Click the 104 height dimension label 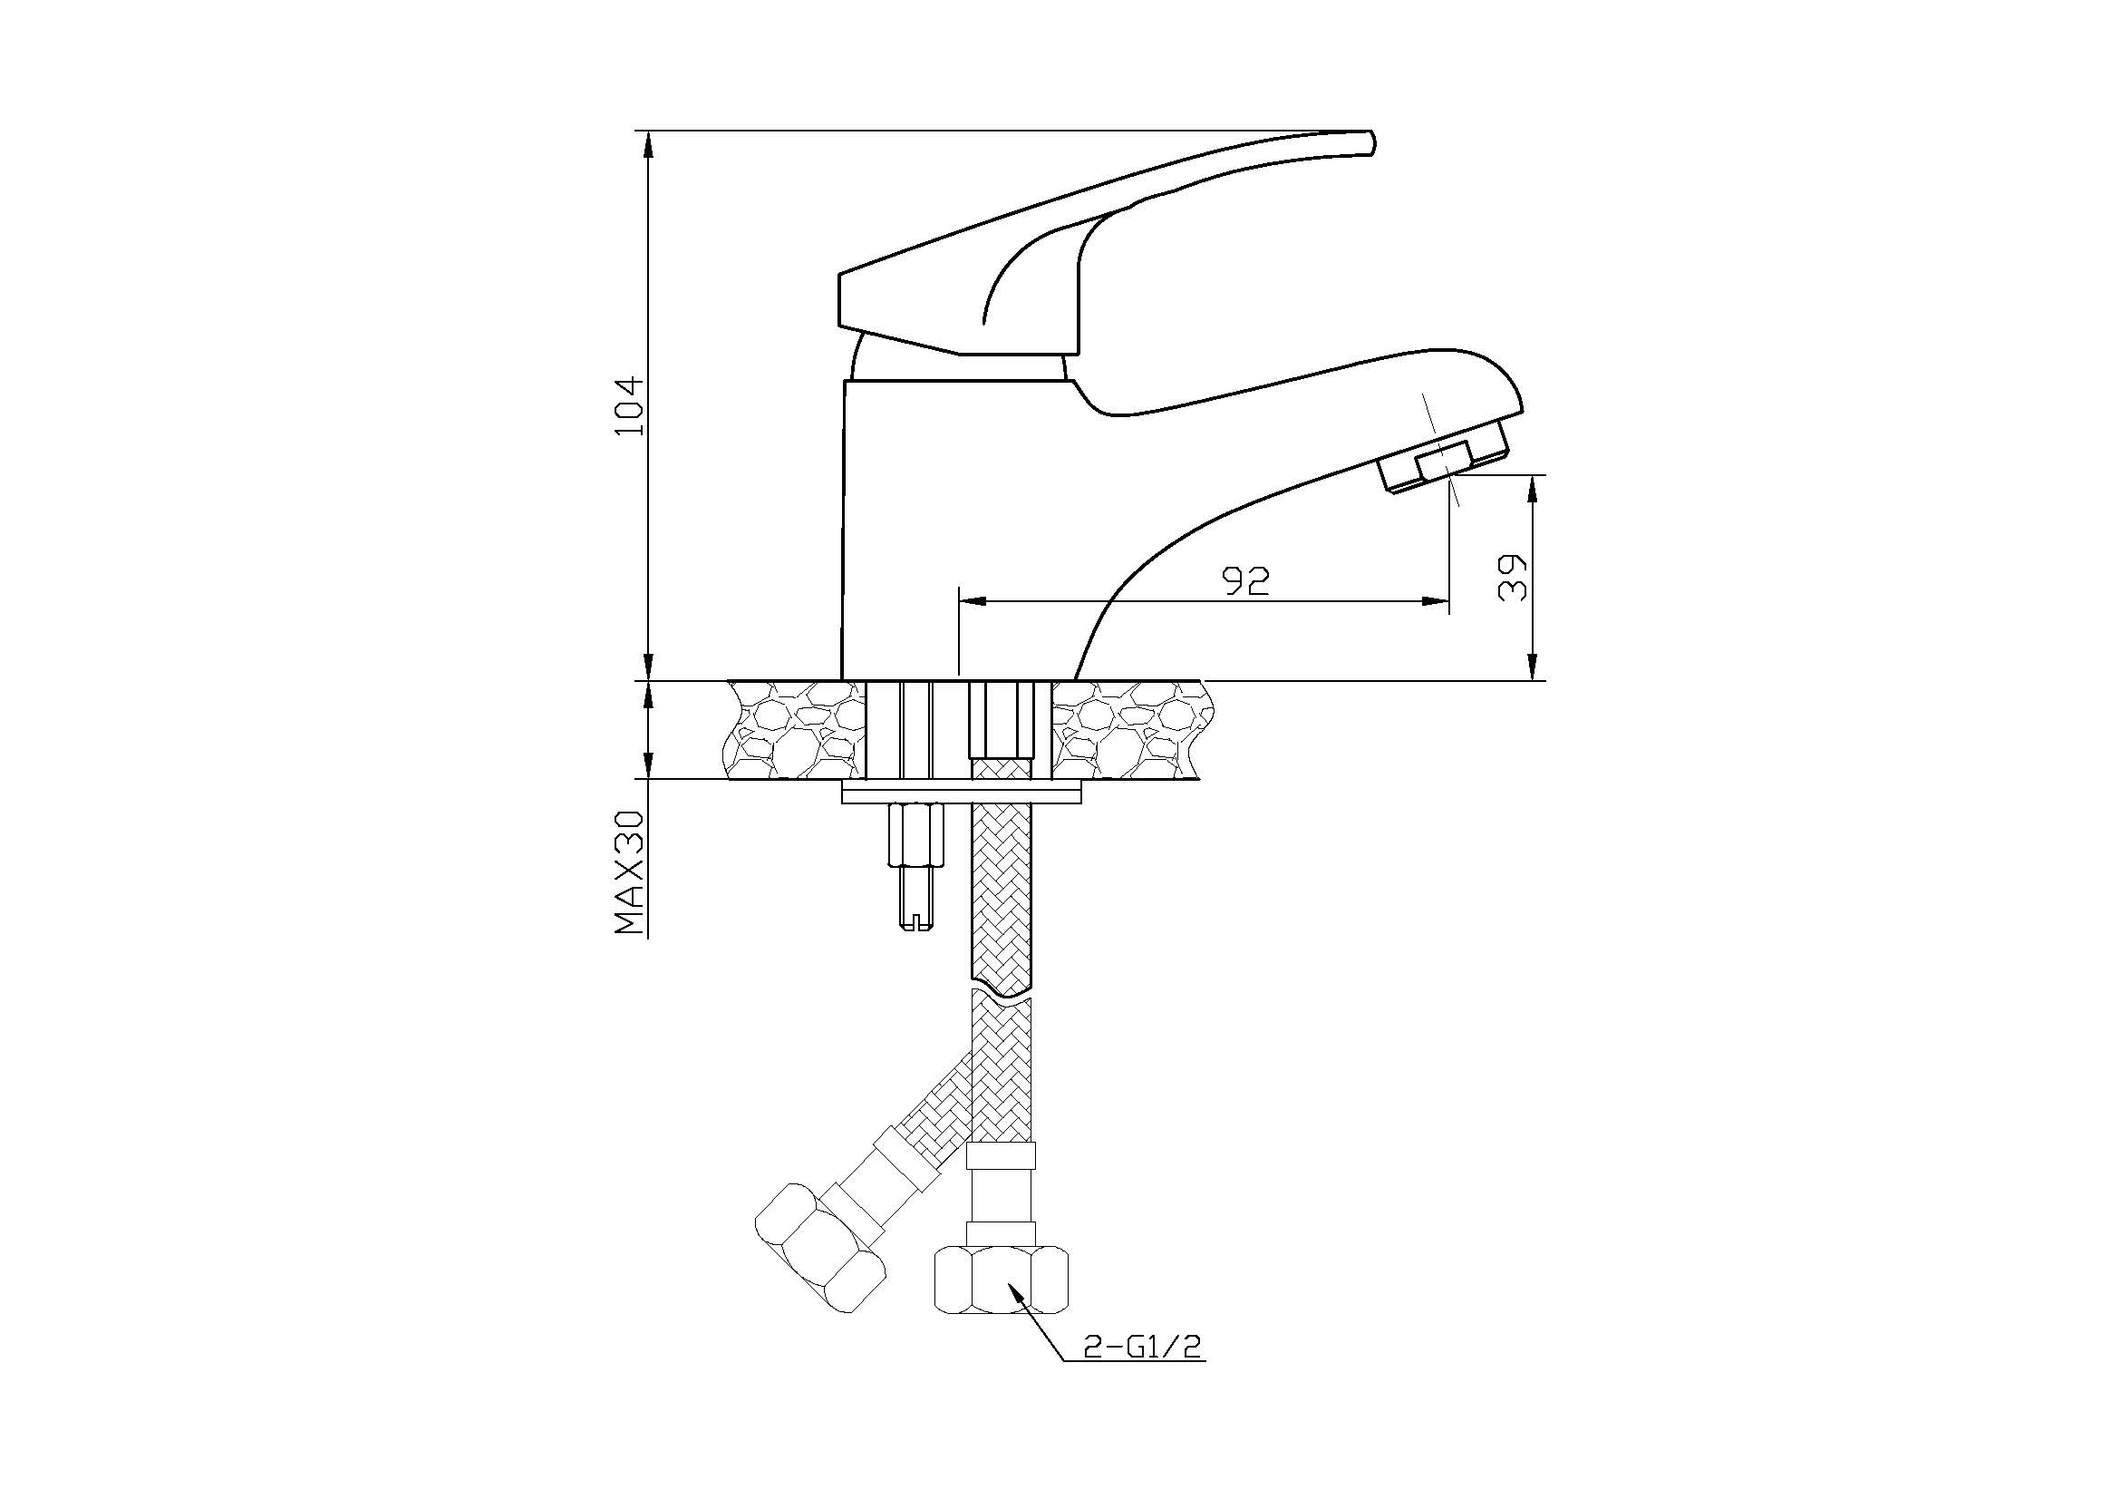pyautogui.click(x=629, y=406)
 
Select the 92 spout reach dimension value pyautogui.click(x=1245, y=580)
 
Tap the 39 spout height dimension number pyautogui.click(x=1513, y=579)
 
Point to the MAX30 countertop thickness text pyautogui.click(x=629, y=872)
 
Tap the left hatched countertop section pyautogui.click(x=797, y=730)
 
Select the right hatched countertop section pyautogui.click(x=1128, y=730)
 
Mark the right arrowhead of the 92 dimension pyautogui.click(x=1436, y=601)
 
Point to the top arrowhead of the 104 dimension pyautogui.click(x=648, y=144)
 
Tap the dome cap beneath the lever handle pyautogui.click(x=955, y=362)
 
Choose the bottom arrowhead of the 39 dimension pyautogui.click(x=1533, y=667)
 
